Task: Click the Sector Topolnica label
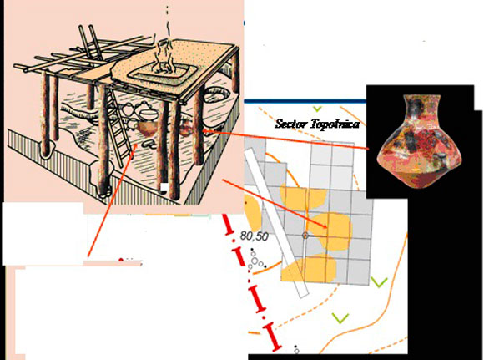[x=317, y=124]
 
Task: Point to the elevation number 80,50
[x=254, y=236]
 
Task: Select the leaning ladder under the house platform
[x=118, y=124]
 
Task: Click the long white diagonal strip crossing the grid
[x=276, y=222]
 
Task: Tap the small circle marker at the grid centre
[x=305, y=236]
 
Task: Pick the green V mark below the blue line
[x=317, y=109]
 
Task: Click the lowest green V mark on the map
[x=340, y=318]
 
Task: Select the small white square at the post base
[x=164, y=187]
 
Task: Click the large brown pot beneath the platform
[x=147, y=129]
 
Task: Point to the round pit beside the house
[x=215, y=94]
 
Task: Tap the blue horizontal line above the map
[x=305, y=101]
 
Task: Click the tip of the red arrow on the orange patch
[x=327, y=228]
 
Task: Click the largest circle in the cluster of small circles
[x=255, y=261]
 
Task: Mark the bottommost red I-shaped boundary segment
[x=272, y=337]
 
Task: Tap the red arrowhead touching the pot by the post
[x=204, y=130]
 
